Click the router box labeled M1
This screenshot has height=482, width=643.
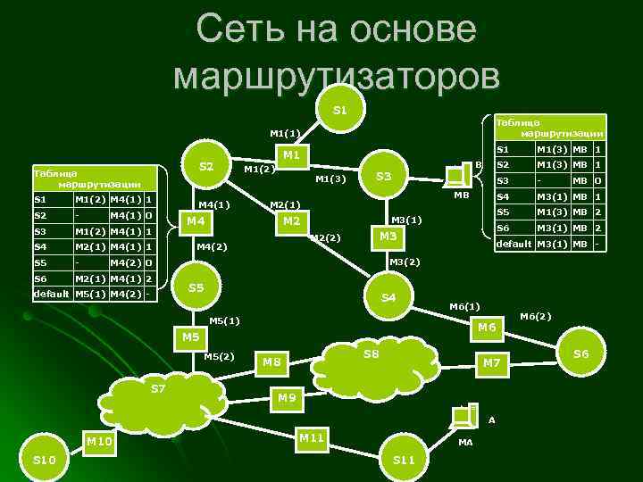tap(290, 156)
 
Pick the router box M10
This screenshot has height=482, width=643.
tap(99, 441)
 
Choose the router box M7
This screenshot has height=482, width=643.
tap(492, 363)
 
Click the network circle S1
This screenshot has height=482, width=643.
tap(340, 111)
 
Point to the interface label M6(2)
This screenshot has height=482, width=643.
tap(536, 315)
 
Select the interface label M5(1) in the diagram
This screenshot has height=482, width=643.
tap(223, 320)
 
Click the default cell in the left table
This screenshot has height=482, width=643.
tap(51, 294)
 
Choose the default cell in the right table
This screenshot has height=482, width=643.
tap(514, 244)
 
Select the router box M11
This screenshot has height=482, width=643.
tap(312, 437)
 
